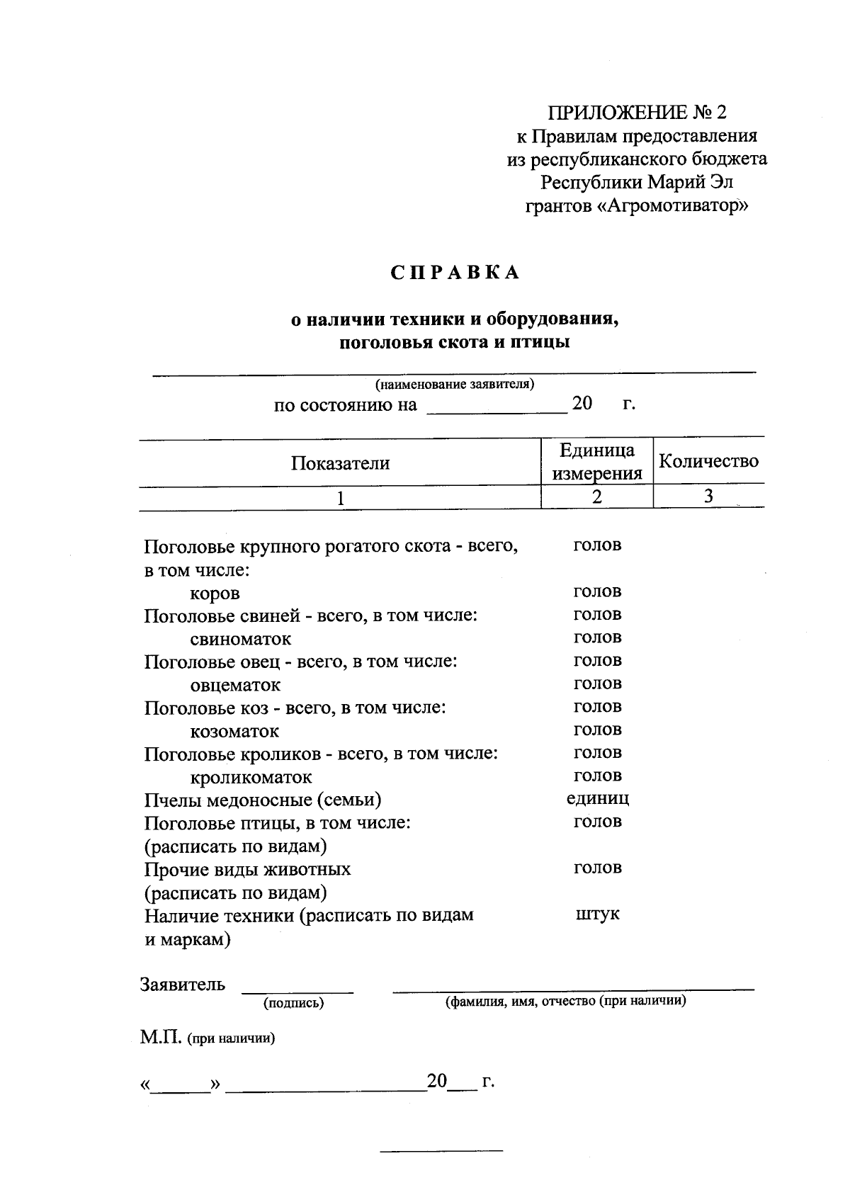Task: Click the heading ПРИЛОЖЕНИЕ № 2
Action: click(x=637, y=113)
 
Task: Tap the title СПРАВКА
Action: click(x=455, y=273)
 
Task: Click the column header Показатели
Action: click(x=340, y=463)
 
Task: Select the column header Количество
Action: click(x=708, y=462)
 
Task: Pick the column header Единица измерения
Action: click(x=596, y=462)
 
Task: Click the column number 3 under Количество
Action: click(x=708, y=497)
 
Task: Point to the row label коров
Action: click(x=215, y=593)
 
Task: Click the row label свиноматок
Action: click(x=240, y=639)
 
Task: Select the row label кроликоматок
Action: click(x=251, y=778)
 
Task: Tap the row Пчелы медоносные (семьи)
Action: click(x=263, y=800)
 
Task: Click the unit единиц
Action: click(x=597, y=799)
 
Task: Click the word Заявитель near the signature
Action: click(x=183, y=985)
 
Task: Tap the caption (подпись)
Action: click(x=293, y=1003)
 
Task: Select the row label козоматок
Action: click(x=234, y=731)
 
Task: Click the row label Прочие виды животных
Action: click(x=247, y=869)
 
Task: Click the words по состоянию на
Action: click(x=346, y=406)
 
